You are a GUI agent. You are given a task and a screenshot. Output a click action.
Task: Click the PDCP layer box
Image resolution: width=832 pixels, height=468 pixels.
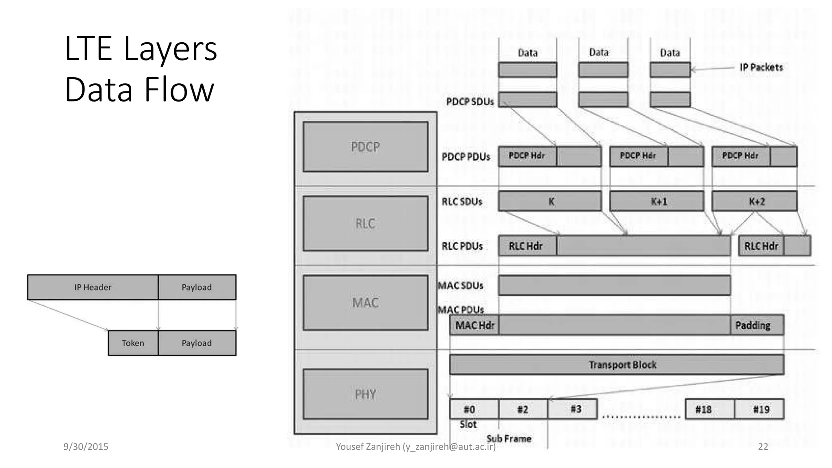click(x=365, y=147)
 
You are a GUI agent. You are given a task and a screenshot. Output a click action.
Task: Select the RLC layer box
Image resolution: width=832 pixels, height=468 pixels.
click(x=365, y=223)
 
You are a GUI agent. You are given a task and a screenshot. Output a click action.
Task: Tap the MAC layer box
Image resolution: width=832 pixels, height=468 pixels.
click(x=365, y=303)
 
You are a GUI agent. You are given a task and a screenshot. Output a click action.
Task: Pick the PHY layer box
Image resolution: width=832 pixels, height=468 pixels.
click(x=365, y=394)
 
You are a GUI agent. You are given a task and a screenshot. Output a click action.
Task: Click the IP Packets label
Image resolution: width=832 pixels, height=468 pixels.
click(x=761, y=67)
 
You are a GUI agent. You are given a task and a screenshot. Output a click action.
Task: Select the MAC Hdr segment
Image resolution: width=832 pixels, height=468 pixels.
click(x=474, y=325)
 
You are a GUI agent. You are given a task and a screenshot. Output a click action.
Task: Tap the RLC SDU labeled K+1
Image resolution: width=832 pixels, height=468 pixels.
click(x=656, y=201)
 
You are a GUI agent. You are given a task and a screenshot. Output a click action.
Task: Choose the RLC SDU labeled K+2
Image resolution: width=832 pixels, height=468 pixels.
click(x=754, y=201)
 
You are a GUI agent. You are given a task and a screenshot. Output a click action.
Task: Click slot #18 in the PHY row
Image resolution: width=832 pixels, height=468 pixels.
click(x=710, y=409)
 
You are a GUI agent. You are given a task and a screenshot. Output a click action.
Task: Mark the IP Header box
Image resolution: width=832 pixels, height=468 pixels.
click(x=93, y=287)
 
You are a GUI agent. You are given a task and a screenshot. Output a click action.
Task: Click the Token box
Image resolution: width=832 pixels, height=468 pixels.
click(x=133, y=343)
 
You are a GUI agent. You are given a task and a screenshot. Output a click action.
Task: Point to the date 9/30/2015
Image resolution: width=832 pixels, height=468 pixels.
click(x=86, y=446)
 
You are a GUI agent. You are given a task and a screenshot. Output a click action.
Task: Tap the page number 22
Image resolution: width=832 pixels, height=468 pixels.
click(x=763, y=446)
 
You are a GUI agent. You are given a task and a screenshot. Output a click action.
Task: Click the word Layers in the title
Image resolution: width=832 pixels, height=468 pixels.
click(x=170, y=49)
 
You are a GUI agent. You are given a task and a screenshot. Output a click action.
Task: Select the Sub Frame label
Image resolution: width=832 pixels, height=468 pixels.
click(x=509, y=438)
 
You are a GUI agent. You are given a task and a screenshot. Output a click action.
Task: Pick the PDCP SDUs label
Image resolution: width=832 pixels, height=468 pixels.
click(x=470, y=102)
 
